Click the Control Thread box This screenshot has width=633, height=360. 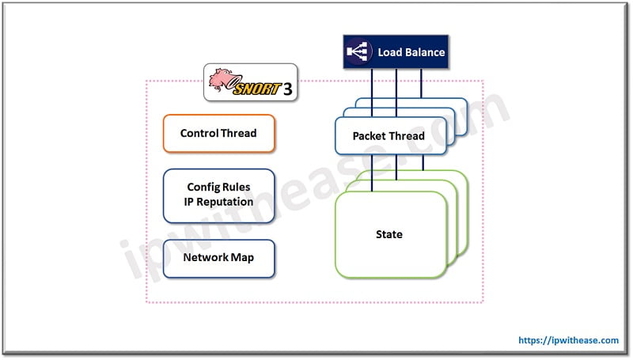(218, 134)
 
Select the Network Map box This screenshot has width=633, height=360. (218, 258)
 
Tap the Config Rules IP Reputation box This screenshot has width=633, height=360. (218, 195)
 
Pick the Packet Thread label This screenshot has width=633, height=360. (388, 136)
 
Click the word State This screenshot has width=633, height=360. (389, 234)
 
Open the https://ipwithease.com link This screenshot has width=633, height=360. (569, 340)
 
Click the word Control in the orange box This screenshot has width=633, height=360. (199, 134)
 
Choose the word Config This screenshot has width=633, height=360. (203, 188)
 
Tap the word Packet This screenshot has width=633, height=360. (370, 136)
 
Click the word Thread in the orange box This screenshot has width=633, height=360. (238, 134)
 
